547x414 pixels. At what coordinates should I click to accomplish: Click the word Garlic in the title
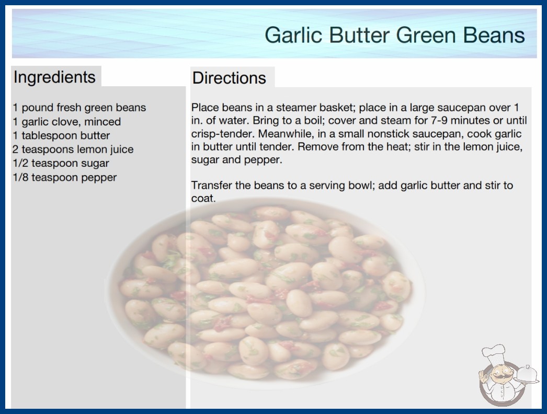(292, 35)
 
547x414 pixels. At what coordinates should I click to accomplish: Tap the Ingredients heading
(54, 77)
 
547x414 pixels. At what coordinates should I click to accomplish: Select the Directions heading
(229, 78)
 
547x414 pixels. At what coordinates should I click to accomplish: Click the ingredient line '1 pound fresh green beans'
(79, 108)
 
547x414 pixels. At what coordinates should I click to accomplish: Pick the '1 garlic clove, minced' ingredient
(66, 122)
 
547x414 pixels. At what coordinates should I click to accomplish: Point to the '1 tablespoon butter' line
(61, 135)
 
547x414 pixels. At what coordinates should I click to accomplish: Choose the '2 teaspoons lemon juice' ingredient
(73, 149)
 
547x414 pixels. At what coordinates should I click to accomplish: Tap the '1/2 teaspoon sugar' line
(61, 163)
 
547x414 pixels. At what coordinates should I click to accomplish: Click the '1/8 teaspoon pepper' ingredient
(64, 178)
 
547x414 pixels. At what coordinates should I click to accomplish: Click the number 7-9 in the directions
(440, 121)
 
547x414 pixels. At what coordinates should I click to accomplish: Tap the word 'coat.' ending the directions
(203, 199)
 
